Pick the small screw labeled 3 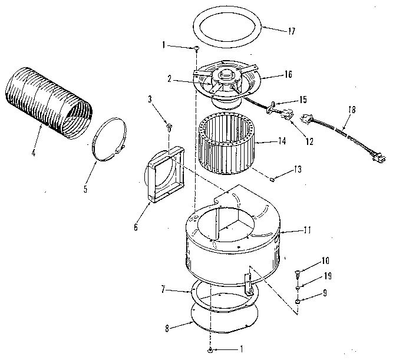point(170,125)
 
